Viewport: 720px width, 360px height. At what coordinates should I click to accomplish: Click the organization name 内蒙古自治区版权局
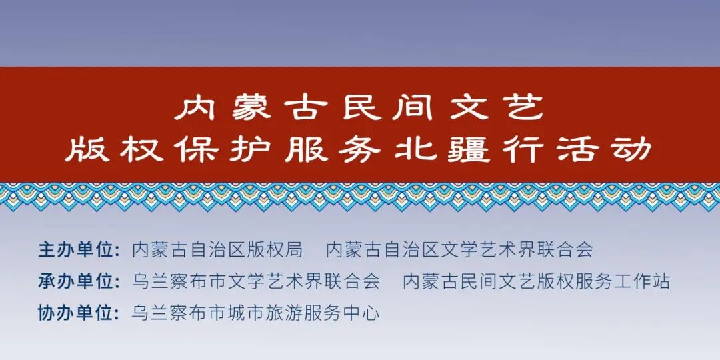[x=217, y=250]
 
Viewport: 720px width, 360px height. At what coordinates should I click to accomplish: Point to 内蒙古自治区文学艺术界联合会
[x=459, y=250]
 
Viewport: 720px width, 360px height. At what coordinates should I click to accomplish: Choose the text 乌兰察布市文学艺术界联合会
[x=256, y=281]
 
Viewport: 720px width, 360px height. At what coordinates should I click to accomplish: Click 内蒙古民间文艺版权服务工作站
[x=537, y=281]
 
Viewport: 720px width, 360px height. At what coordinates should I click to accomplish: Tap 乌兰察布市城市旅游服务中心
[x=256, y=313]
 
